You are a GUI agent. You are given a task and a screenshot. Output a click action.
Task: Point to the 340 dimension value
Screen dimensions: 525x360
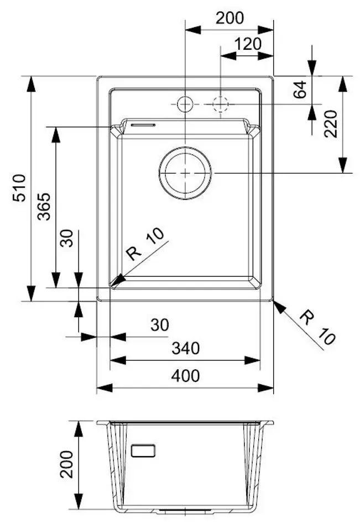tap(185, 349)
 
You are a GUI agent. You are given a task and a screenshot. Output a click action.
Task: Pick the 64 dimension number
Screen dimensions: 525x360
tap(299, 89)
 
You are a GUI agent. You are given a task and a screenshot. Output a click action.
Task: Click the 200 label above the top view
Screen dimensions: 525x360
tap(229, 18)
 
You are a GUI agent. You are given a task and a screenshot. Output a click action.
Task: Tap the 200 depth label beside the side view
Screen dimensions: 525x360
tap(66, 465)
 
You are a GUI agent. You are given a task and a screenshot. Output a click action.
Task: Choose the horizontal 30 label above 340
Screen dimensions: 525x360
tap(159, 325)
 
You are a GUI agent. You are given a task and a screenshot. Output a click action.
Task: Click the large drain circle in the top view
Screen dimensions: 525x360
tap(185, 173)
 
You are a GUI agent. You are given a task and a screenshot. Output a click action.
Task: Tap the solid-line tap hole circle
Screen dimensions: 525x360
tap(184, 103)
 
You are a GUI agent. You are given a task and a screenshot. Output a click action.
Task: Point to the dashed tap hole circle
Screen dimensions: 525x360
tap(220, 103)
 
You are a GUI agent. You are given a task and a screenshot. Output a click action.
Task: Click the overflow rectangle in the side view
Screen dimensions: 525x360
tap(144, 449)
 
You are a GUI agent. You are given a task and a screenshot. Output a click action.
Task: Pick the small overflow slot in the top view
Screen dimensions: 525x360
tap(143, 124)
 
